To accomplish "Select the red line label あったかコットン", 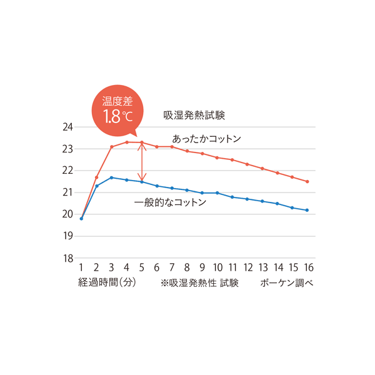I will click(x=206, y=138).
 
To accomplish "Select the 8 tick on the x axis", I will click(x=187, y=268).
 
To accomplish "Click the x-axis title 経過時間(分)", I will click(x=107, y=282).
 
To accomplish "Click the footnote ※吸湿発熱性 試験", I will click(x=199, y=282).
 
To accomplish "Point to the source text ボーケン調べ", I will click(x=287, y=282).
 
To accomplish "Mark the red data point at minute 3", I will click(x=112, y=147).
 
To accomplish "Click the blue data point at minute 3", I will click(x=112, y=177).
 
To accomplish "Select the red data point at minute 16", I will click(x=307, y=181).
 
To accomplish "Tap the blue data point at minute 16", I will click(x=307, y=210).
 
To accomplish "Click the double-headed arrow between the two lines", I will click(x=142, y=162).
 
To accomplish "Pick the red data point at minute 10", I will click(x=217, y=157).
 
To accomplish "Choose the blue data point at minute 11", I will click(x=232, y=197).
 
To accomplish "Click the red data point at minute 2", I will click(x=97, y=177).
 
